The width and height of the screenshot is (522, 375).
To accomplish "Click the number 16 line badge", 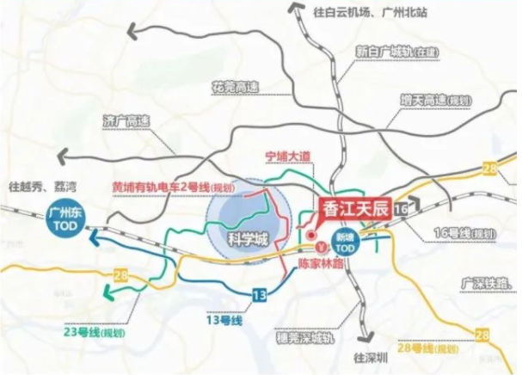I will [x=401, y=208].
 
